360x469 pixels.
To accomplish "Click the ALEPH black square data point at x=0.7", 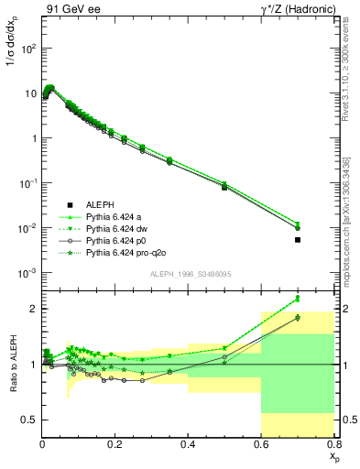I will pyautogui.click(x=298, y=240).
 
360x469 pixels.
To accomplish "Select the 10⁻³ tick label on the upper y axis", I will pyautogui.click(x=27, y=273).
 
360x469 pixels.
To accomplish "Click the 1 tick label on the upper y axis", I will pyautogui.click(x=33, y=138).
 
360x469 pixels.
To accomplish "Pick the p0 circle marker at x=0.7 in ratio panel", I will pyautogui.click(x=298, y=318).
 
